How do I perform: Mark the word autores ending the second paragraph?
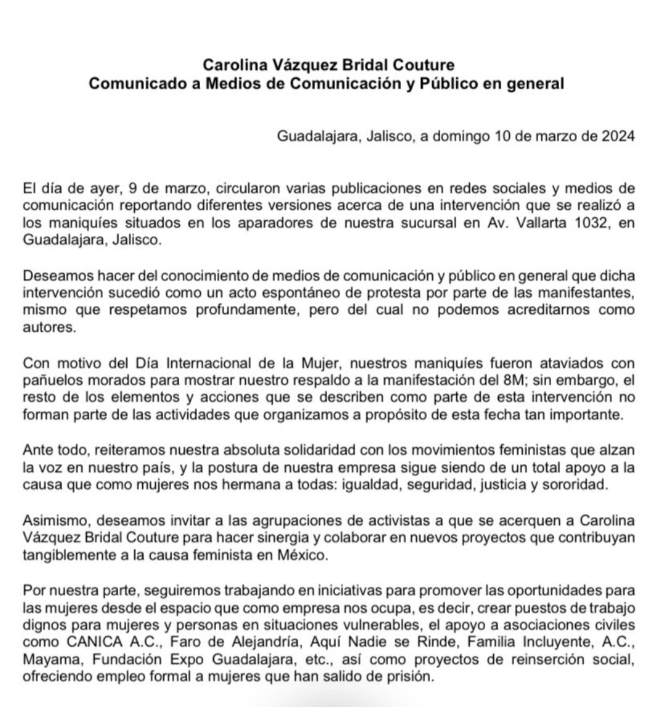point(49,327)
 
